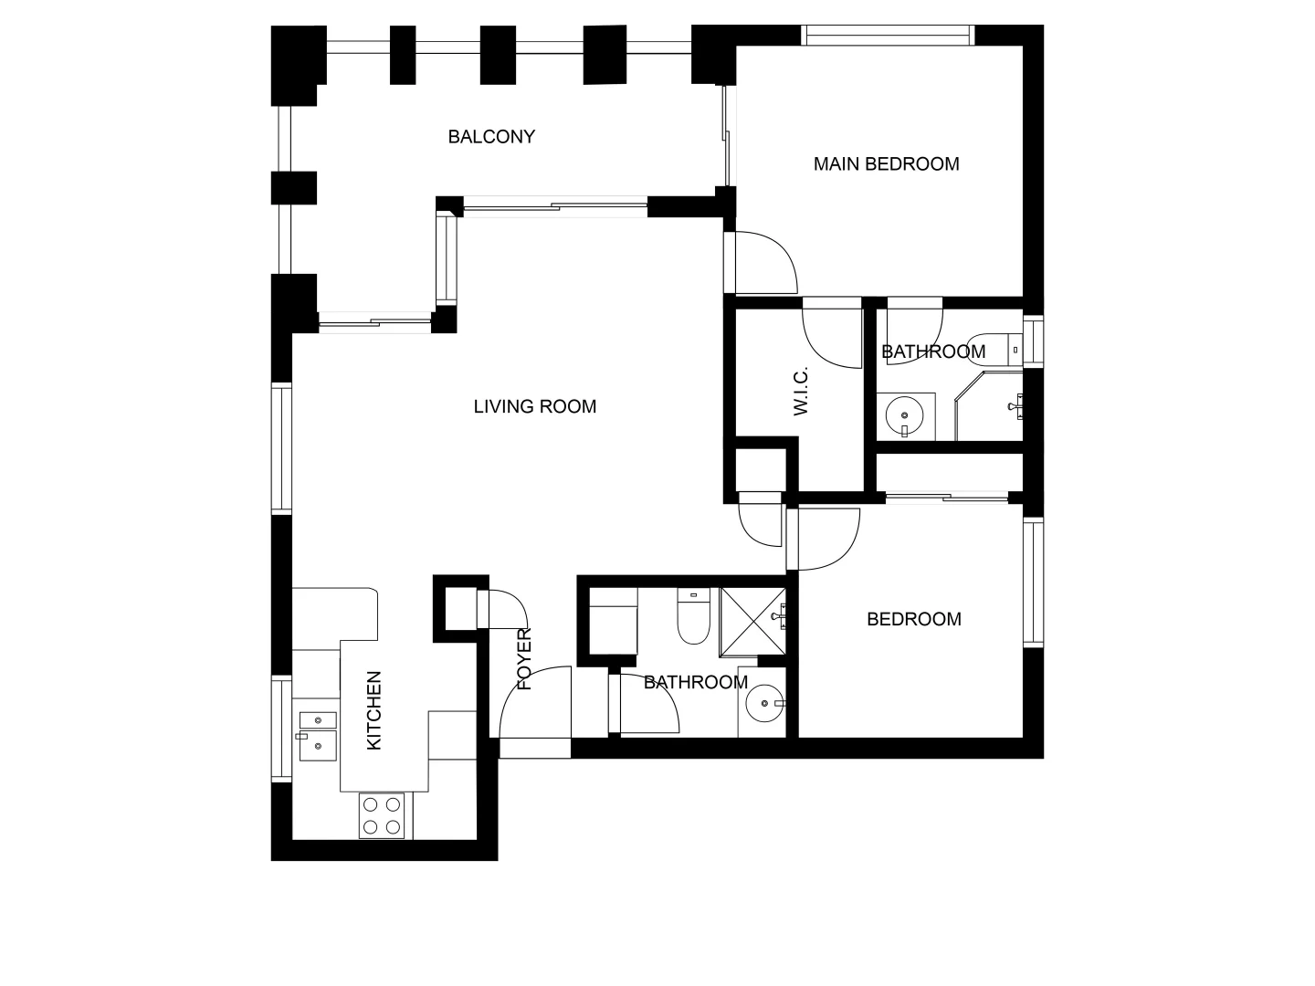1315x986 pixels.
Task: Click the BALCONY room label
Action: click(x=491, y=137)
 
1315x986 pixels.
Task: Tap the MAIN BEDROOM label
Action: click(x=886, y=164)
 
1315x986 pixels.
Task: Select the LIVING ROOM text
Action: click(x=534, y=407)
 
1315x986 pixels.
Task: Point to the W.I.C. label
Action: click(x=801, y=392)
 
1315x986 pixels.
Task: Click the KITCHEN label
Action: click(x=373, y=711)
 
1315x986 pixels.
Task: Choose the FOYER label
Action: click(x=524, y=659)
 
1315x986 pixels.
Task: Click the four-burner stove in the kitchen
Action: click(x=382, y=815)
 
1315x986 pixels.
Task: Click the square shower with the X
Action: click(x=752, y=621)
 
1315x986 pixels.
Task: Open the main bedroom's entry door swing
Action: click(x=763, y=263)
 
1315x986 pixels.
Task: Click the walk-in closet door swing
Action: click(x=832, y=336)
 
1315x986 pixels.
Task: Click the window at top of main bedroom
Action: click(x=887, y=35)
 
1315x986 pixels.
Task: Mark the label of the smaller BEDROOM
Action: click(x=913, y=619)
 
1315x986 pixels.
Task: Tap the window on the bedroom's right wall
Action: click(x=1033, y=582)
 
